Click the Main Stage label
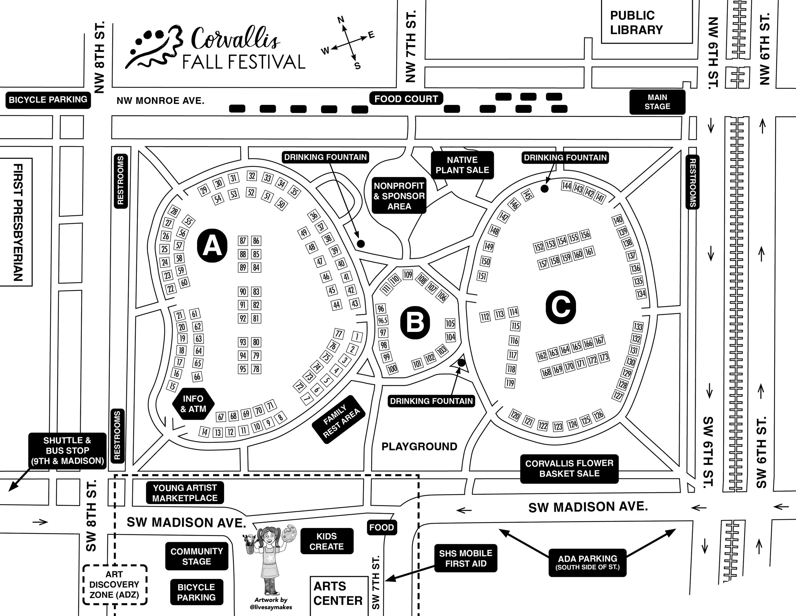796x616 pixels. click(657, 102)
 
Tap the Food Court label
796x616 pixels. click(406, 99)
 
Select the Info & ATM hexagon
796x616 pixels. click(193, 404)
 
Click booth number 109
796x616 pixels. click(408, 275)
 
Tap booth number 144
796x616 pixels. click(566, 186)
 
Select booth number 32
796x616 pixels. click(252, 176)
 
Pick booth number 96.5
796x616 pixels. click(382, 320)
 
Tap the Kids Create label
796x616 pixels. click(327, 541)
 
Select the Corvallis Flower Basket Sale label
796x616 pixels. click(569, 469)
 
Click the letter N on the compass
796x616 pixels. click(341, 20)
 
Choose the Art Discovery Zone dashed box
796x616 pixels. click(114, 585)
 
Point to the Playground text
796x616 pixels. click(419, 447)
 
